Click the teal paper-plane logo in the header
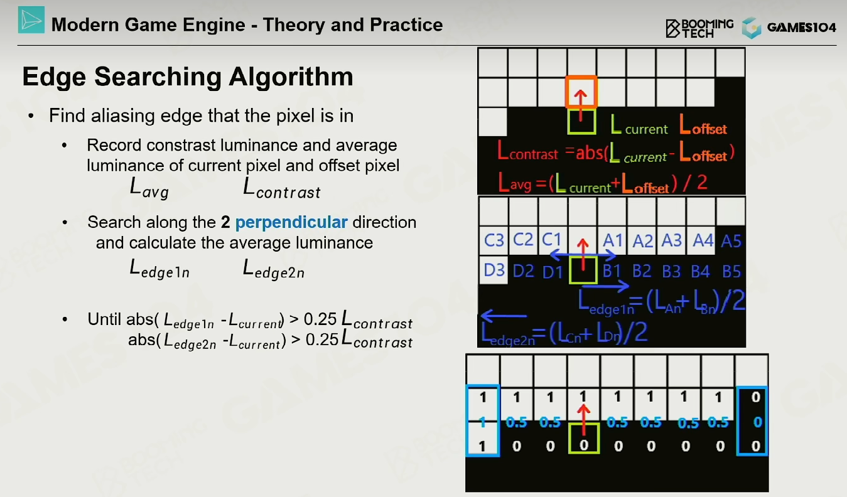click(31, 19)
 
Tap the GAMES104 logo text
click(801, 27)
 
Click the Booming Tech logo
click(699, 28)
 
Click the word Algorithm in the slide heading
click(291, 77)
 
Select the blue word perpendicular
click(291, 223)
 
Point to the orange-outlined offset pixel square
click(581, 92)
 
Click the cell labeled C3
click(494, 240)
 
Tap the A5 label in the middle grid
click(731, 241)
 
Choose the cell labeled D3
click(494, 270)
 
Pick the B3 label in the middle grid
click(671, 271)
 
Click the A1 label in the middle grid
click(613, 240)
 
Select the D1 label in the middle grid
click(553, 272)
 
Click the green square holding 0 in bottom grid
click(584, 439)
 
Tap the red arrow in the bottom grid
click(583, 420)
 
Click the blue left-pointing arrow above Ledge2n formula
click(504, 315)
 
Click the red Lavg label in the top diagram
click(515, 183)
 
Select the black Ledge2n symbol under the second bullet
click(273, 269)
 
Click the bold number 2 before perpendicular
click(225, 222)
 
